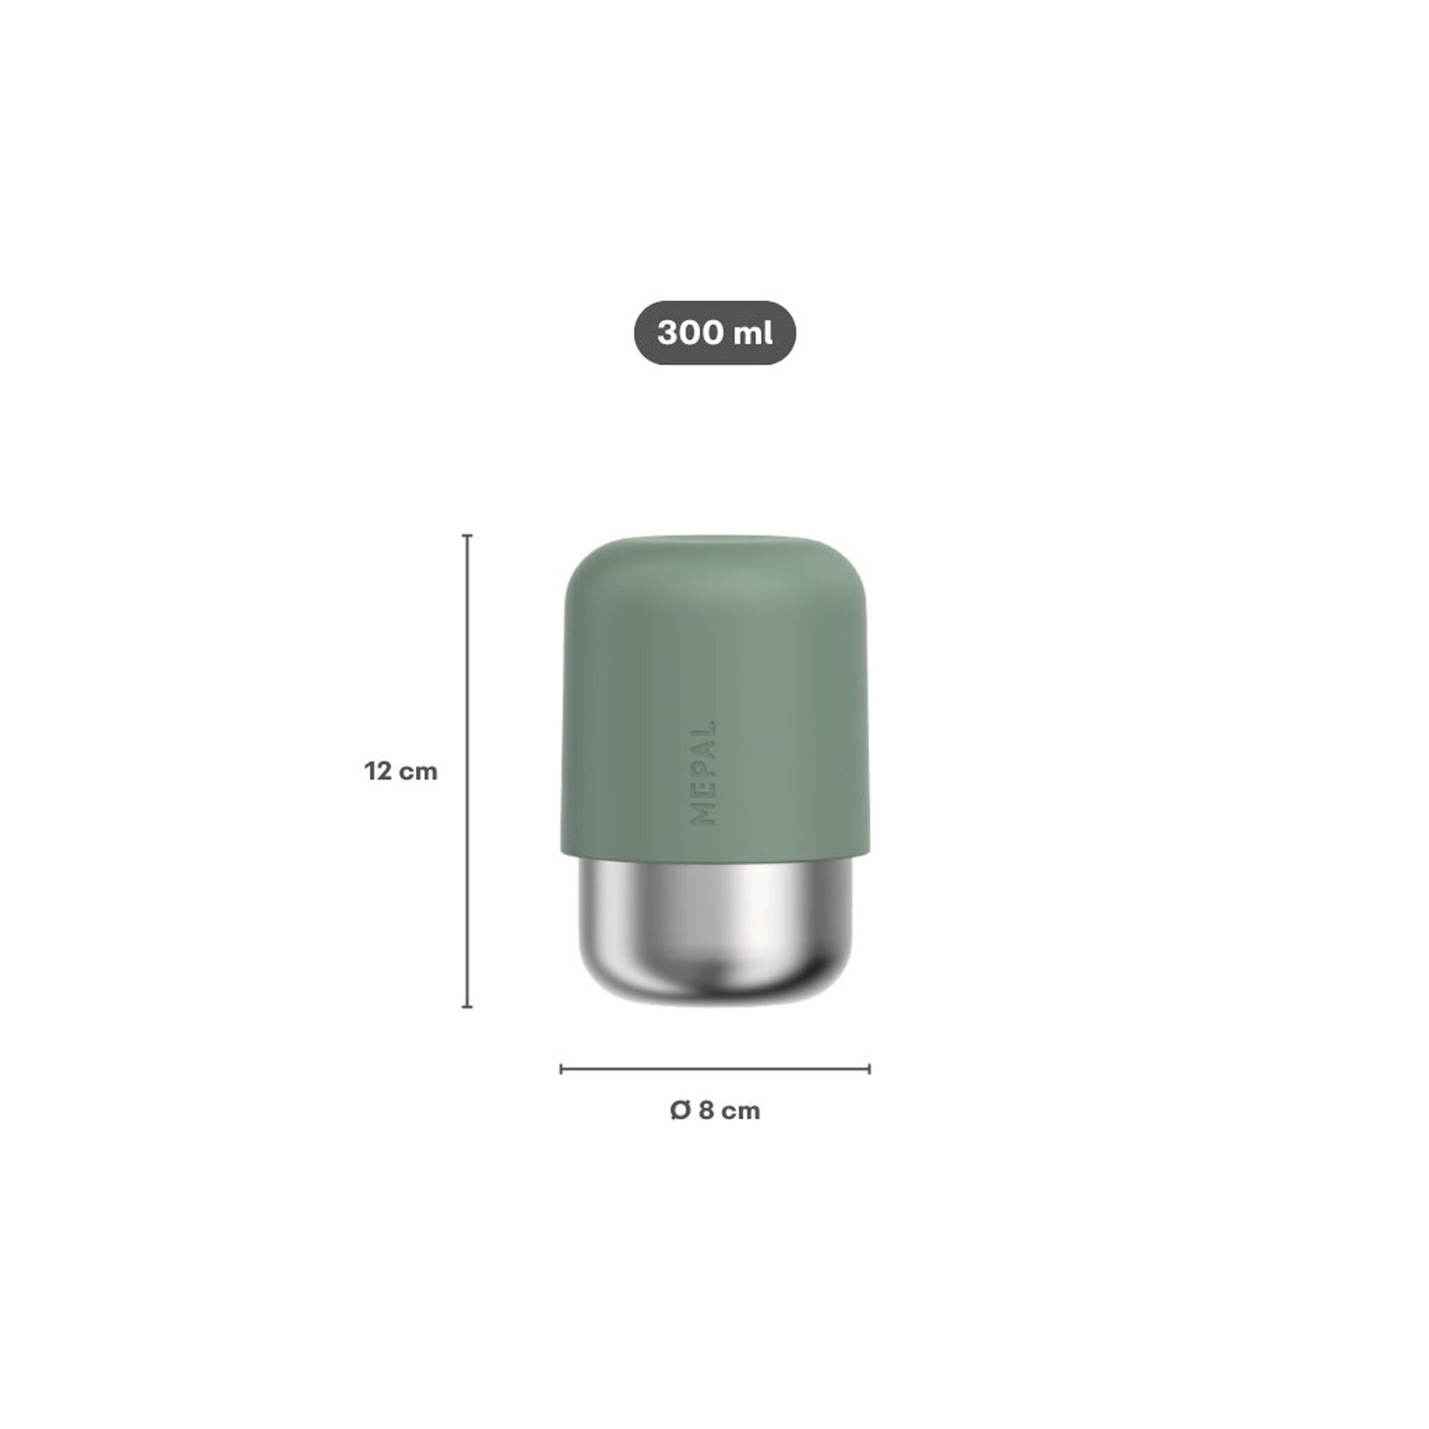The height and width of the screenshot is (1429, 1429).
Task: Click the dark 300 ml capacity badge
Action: (714, 333)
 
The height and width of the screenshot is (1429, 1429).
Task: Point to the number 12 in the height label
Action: (378, 771)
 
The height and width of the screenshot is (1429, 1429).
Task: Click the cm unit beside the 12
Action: (419, 771)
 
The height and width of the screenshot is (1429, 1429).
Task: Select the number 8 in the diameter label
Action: (706, 1111)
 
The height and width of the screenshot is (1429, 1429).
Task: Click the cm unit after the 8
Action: (740, 1111)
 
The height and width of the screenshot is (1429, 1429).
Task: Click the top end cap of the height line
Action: (468, 536)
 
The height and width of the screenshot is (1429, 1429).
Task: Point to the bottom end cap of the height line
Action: (468, 1007)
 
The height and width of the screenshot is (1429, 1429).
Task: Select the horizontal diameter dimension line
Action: (714, 1069)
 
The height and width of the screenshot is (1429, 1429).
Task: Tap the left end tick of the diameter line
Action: (561, 1069)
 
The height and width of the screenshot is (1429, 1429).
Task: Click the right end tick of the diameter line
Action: (869, 1069)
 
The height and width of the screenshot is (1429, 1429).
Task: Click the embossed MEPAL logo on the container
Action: (703, 772)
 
